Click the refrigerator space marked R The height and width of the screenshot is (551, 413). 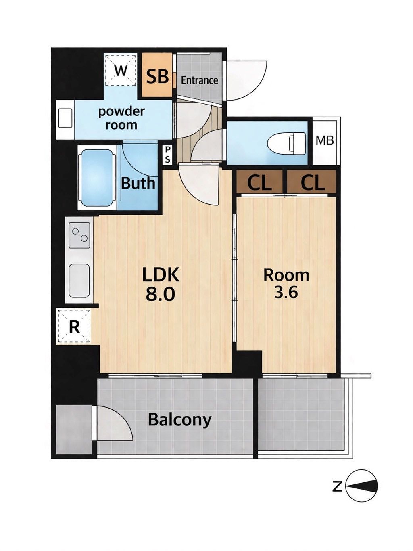74,326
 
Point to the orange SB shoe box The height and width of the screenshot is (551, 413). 157,75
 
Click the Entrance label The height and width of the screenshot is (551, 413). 199,80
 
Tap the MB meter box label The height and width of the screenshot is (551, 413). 325,140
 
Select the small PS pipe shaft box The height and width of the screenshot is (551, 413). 167,155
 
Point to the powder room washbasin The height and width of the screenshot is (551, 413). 65,119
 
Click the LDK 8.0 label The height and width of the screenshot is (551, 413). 161,284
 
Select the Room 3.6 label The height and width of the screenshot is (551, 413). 286,284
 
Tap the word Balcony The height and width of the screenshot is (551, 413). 179,419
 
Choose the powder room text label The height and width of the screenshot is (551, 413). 121,118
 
